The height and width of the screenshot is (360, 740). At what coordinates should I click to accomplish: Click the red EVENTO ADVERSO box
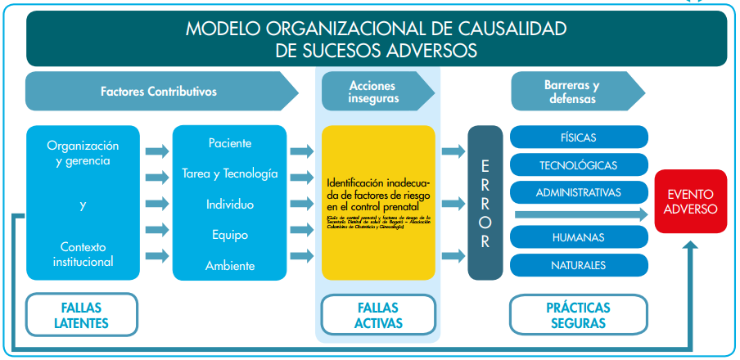[x=691, y=202]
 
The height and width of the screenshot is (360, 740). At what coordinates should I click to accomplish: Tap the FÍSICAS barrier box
[x=579, y=137]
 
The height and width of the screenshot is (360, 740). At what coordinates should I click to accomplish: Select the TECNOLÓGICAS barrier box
[x=579, y=165]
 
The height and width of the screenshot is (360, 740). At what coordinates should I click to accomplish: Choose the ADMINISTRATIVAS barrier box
[x=579, y=193]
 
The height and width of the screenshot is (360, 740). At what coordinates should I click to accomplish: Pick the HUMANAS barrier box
[x=579, y=237]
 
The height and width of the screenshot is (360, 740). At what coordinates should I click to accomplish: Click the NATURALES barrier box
[x=579, y=265]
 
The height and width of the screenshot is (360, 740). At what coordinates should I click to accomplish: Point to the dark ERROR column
[x=485, y=202]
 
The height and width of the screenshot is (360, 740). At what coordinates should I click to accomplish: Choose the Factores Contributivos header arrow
[x=160, y=92]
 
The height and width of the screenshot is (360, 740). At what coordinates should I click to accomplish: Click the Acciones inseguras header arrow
[x=373, y=92]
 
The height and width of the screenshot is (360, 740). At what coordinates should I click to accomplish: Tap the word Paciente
[x=230, y=143]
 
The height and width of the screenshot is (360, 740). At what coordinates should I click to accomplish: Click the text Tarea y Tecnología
[x=230, y=173]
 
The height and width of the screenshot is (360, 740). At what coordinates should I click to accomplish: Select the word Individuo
[x=230, y=204]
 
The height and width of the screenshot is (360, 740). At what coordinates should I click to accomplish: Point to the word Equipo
[x=230, y=235]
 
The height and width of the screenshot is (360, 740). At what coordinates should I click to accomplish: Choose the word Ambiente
[x=230, y=265]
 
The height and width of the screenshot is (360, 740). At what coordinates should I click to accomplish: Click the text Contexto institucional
[x=83, y=254]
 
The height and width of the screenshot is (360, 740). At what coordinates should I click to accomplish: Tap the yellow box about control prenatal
[x=377, y=202]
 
